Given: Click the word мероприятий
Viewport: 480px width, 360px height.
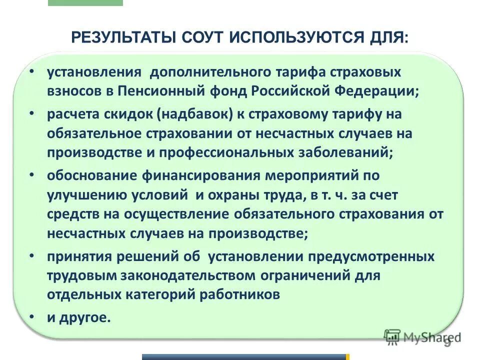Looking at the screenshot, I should (315, 175).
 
